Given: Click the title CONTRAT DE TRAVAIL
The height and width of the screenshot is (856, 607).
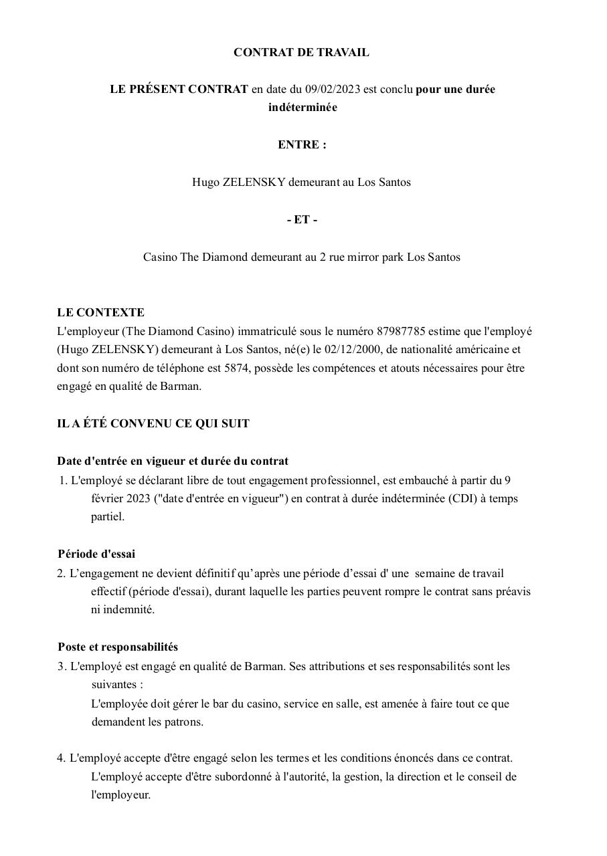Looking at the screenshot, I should [x=301, y=52].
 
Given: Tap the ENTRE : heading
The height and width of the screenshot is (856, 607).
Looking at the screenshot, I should [x=302, y=144].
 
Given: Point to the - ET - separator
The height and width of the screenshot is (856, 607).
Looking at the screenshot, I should [x=302, y=219].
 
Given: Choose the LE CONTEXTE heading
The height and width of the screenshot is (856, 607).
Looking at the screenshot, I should [x=101, y=312].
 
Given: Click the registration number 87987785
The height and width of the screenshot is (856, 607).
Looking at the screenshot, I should [x=401, y=331].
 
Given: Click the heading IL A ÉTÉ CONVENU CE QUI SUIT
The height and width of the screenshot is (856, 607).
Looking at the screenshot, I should [x=153, y=423].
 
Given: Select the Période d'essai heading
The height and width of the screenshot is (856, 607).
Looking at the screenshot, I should [x=96, y=554].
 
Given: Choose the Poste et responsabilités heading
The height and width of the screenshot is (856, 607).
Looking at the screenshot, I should [x=118, y=647].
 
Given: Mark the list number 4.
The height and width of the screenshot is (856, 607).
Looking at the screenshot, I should [x=61, y=758].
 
